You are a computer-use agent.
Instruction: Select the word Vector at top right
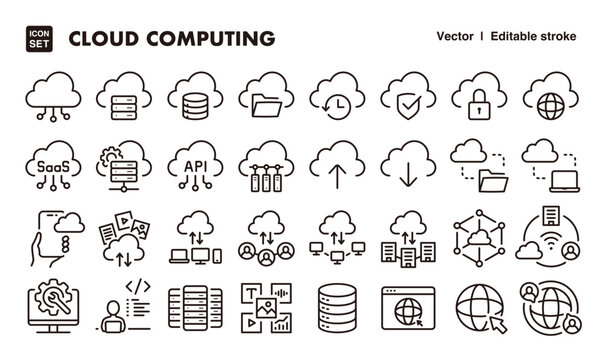(455, 37)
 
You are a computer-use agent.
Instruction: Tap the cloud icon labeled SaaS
(51, 162)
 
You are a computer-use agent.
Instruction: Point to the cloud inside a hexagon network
(478, 237)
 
